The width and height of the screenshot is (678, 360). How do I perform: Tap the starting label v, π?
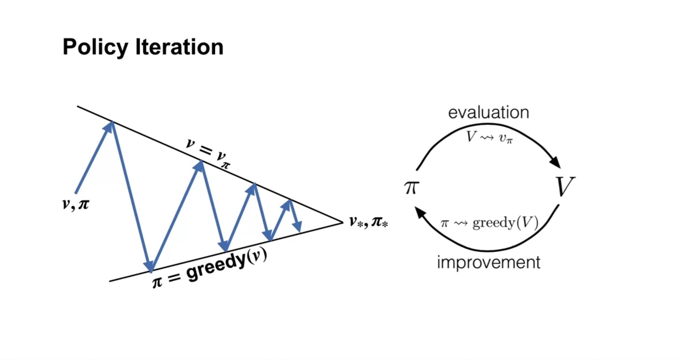pyautogui.click(x=75, y=205)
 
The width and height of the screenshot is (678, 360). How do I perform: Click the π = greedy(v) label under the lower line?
pyautogui.click(x=210, y=270)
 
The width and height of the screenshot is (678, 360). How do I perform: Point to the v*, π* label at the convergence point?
pyautogui.click(x=369, y=222)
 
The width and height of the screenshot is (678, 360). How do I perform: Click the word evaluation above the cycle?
pyautogui.click(x=489, y=113)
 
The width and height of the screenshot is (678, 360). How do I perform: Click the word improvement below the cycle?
pyautogui.click(x=489, y=262)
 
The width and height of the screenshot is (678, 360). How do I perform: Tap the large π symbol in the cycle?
pyautogui.click(x=411, y=187)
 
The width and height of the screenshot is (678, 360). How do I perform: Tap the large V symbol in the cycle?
pyautogui.click(x=565, y=187)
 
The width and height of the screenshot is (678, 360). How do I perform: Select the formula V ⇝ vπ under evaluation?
pyautogui.click(x=489, y=137)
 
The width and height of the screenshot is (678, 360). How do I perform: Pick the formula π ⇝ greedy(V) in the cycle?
pyautogui.click(x=489, y=223)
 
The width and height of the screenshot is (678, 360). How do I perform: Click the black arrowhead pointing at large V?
pyautogui.click(x=556, y=162)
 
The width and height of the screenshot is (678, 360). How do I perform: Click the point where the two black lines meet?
pyautogui.click(x=342, y=222)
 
